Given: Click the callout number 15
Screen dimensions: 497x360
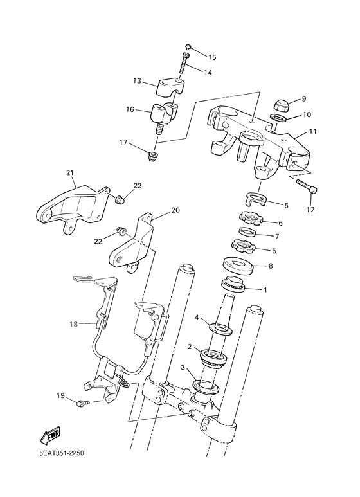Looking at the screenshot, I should (x=212, y=57).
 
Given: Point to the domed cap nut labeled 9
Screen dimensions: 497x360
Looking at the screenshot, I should (x=282, y=105).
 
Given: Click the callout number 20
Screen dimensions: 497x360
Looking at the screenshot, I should (x=175, y=210).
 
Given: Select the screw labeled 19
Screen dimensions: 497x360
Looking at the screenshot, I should (x=82, y=404).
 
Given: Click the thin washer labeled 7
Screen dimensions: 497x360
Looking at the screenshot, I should (x=247, y=231).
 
